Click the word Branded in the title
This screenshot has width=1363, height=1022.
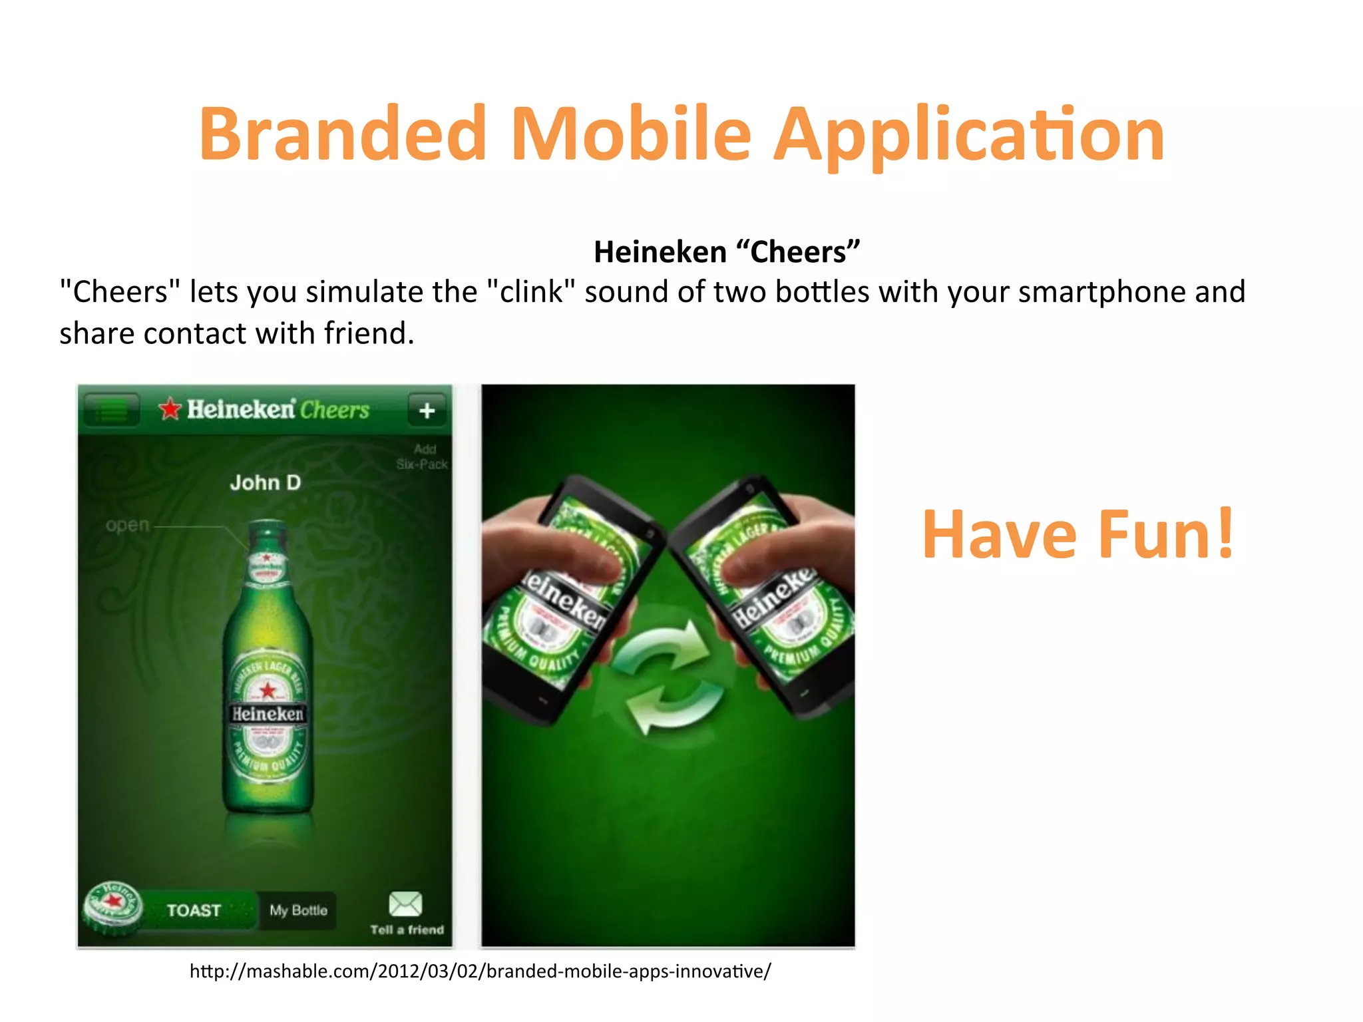(x=343, y=134)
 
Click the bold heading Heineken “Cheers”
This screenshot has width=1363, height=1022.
(x=727, y=252)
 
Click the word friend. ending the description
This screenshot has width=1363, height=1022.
(x=369, y=333)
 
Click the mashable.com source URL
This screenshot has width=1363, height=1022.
(x=480, y=971)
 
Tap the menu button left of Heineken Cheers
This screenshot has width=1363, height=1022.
(x=112, y=410)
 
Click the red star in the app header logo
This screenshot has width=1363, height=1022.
(x=170, y=409)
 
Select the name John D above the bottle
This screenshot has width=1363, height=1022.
(x=266, y=482)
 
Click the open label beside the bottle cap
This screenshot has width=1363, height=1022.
(x=127, y=525)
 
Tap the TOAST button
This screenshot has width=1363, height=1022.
(x=194, y=910)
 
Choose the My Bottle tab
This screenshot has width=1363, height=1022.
(x=298, y=910)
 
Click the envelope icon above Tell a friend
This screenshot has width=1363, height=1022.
(x=405, y=904)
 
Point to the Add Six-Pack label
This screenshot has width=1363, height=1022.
(x=422, y=457)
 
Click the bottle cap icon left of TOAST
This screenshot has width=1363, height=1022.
(x=112, y=906)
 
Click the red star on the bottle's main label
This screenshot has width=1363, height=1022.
(x=268, y=690)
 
